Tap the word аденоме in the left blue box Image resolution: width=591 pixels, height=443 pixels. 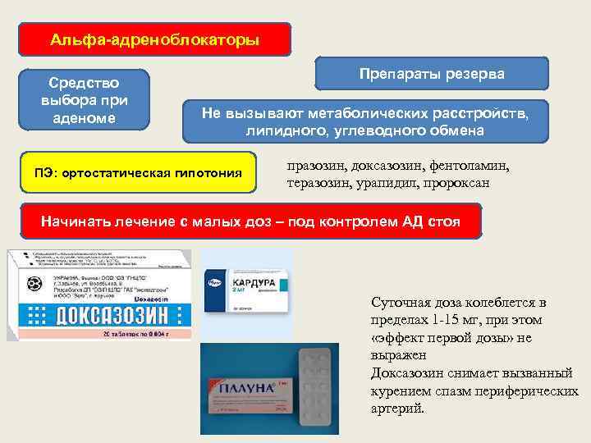coord(85,117)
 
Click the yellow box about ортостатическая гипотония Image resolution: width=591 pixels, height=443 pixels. coord(138,172)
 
